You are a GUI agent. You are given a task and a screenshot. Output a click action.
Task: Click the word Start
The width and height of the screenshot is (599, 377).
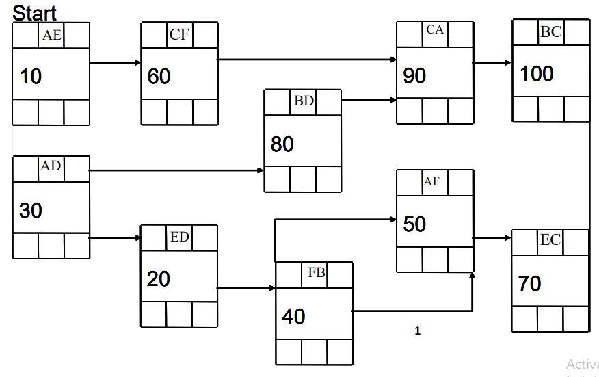[34, 12]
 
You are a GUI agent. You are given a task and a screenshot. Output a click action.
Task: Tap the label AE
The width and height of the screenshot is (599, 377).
[51, 36]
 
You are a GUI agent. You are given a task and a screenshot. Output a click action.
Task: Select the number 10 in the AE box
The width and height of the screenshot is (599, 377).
[30, 77]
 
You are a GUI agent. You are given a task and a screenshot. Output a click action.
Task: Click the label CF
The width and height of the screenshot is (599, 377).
[179, 35]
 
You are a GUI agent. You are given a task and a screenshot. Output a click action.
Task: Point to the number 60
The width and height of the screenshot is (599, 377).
[159, 77]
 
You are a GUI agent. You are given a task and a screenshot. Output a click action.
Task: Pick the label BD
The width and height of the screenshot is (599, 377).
[304, 101]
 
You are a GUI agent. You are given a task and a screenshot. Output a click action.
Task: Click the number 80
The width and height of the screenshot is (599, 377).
[282, 144]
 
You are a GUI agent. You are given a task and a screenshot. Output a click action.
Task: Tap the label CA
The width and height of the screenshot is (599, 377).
[434, 30]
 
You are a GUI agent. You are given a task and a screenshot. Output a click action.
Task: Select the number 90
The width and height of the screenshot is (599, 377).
[414, 76]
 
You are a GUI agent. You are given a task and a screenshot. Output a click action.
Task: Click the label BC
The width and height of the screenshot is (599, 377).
[550, 31]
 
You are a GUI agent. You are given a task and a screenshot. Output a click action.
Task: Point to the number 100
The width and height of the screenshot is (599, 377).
[537, 74]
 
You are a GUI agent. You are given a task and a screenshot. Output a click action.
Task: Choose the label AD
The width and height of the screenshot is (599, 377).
[51, 166]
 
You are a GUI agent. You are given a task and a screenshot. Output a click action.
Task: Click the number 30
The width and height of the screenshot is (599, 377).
[31, 211]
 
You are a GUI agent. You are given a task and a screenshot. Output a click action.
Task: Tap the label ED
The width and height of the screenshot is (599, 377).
[179, 237]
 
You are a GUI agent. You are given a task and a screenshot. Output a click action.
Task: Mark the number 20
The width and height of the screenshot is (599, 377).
[158, 279]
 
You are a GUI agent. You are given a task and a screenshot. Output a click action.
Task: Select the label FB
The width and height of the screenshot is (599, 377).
[316, 272]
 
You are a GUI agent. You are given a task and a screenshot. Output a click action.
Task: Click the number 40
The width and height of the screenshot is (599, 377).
[293, 317]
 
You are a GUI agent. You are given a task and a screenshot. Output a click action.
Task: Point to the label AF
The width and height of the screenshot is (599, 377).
[431, 181]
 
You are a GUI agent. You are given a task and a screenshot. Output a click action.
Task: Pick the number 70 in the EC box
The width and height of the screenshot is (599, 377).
[530, 284]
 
